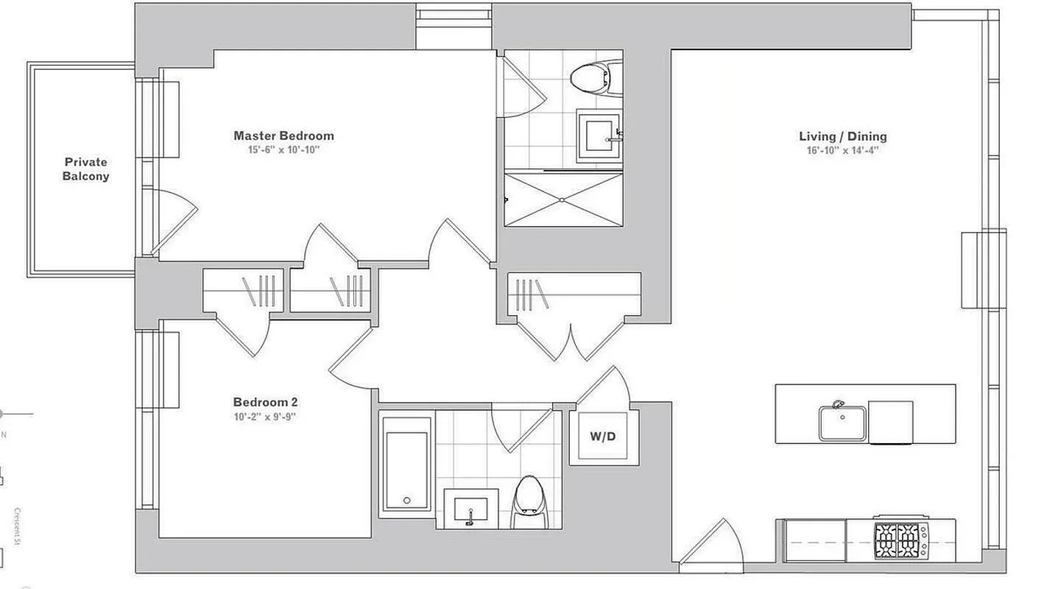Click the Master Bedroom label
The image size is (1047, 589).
[283, 135]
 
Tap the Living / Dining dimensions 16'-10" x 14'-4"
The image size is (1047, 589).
[843, 150]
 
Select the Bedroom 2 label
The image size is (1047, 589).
[265, 402]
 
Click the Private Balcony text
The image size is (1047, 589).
[85, 169]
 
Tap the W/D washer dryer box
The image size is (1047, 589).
[602, 437]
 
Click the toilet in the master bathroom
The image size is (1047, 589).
[593, 76]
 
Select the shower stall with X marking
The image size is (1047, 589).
[563, 199]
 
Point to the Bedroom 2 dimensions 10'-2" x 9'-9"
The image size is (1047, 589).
[265, 416]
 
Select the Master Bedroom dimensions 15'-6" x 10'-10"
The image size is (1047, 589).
[283, 149]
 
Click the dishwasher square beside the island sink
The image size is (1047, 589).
[890, 422]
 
